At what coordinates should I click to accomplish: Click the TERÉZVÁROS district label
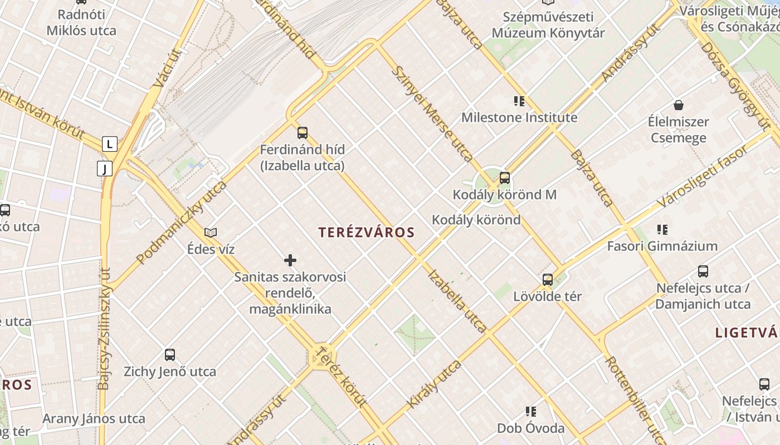(367, 233)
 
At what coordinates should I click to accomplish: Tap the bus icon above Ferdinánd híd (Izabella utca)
(303, 132)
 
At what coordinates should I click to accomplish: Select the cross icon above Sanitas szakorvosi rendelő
(290, 260)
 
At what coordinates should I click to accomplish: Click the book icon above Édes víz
(211, 233)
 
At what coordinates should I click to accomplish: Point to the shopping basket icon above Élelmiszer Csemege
(679, 105)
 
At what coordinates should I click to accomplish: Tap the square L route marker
(110, 144)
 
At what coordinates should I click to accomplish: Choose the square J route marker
(105, 168)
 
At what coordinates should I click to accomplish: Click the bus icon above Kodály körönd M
(505, 178)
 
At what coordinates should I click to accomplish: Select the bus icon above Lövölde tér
(548, 279)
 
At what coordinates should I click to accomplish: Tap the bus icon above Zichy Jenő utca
(170, 354)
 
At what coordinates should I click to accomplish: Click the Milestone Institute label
(519, 117)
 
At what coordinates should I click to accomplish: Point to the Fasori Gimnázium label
(662, 246)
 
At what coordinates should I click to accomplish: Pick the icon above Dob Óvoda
(531, 412)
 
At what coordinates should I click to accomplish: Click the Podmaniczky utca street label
(182, 221)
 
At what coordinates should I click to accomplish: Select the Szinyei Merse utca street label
(432, 114)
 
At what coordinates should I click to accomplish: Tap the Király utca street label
(435, 384)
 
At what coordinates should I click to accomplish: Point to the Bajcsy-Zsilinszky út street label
(104, 328)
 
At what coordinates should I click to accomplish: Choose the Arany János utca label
(94, 418)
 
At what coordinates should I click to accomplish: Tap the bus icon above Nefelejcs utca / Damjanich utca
(703, 271)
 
